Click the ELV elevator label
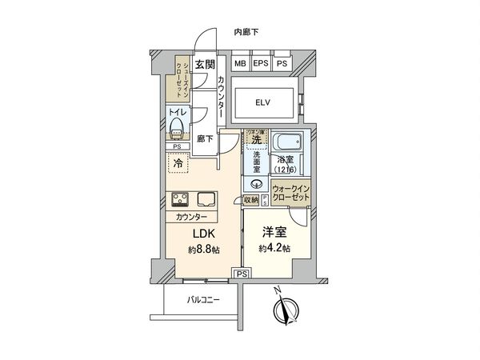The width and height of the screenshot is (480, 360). (264, 102)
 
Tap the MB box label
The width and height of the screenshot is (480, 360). (240, 63)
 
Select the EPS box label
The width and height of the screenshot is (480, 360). (261, 63)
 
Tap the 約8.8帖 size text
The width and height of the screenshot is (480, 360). (203, 250)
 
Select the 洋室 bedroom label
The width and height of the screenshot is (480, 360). (274, 233)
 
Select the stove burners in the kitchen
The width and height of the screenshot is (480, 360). (178, 200)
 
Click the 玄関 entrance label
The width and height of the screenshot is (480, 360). (205, 63)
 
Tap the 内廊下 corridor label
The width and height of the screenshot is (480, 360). (246, 32)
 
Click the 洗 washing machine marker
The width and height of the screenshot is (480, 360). (254, 140)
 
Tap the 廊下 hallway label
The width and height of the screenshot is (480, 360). (205, 138)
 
